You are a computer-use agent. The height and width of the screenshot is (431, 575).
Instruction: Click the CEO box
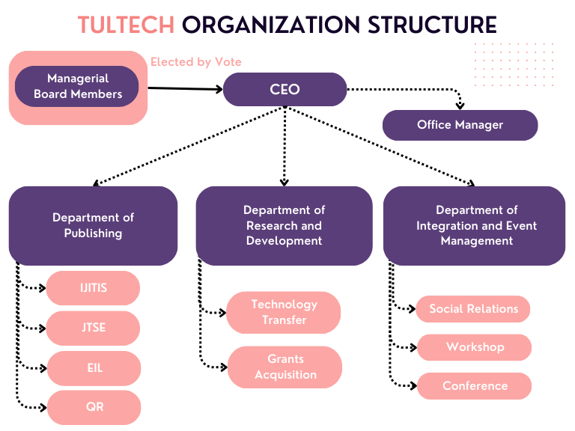[285, 90]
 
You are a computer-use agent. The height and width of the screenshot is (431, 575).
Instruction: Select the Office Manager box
[460, 125]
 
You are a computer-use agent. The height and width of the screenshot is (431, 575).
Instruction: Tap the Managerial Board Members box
[77, 87]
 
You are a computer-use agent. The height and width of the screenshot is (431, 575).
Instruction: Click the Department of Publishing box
[93, 225]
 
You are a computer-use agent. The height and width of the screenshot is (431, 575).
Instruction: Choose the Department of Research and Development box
[284, 225]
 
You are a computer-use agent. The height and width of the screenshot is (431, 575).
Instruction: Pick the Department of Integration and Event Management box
[475, 225]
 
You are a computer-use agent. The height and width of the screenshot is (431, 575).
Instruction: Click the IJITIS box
[93, 288]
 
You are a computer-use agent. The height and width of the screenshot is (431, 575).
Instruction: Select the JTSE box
[93, 328]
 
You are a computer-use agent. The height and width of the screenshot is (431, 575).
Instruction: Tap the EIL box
[93, 368]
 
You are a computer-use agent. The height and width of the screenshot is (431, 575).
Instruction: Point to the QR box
[93, 408]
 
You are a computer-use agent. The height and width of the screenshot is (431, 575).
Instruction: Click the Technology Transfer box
[284, 312]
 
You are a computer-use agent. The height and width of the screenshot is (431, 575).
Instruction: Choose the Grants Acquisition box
[284, 367]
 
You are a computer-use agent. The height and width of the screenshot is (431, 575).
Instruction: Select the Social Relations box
[473, 308]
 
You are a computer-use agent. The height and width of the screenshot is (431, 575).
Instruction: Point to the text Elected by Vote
[196, 62]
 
